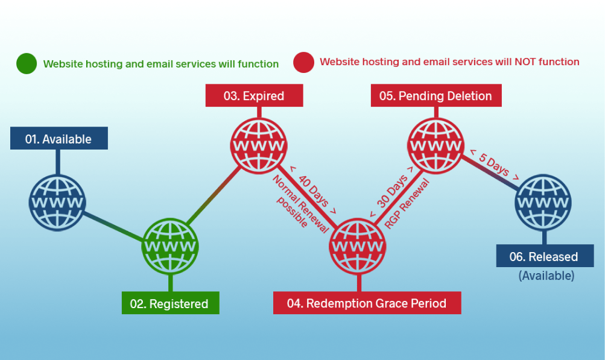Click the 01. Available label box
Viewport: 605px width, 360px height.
[59, 139]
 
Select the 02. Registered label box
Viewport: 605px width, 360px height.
[169, 303]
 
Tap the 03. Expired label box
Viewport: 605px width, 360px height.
[254, 96]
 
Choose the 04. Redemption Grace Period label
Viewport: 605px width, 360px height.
[367, 303]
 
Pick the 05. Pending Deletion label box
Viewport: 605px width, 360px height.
[436, 96]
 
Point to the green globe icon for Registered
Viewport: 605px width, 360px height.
[169, 246]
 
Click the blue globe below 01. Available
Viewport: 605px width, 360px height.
[57, 202]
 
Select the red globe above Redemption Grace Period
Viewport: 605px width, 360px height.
[358, 246]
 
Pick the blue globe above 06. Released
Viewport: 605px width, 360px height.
[543, 202]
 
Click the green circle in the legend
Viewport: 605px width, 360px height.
[27, 63]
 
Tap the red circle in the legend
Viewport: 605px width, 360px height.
[303, 62]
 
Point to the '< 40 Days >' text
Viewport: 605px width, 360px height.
[313, 189]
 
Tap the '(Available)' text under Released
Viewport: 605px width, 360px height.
[546, 276]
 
